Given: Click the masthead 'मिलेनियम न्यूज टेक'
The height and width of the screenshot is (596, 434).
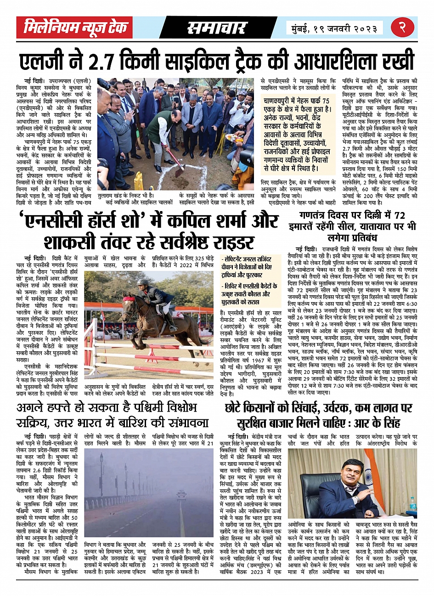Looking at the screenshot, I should (75, 28).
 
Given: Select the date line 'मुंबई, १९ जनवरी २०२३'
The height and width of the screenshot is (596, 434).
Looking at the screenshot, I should (334, 28).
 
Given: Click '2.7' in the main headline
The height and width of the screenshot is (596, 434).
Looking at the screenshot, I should (135, 62).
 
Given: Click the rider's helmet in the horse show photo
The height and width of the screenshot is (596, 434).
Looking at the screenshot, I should (143, 282).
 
